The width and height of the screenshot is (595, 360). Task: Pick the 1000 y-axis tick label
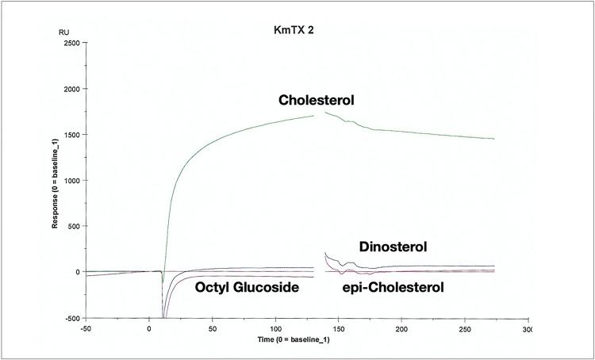tap(69, 180)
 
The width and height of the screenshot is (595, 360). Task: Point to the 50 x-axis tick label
tap(212, 327)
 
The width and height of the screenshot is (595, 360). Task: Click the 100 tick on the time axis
tap(275, 327)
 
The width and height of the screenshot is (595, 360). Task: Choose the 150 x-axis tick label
tap(339, 327)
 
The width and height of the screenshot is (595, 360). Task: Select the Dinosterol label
tap(393, 247)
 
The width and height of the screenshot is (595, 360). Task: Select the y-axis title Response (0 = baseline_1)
tap(56, 182)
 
